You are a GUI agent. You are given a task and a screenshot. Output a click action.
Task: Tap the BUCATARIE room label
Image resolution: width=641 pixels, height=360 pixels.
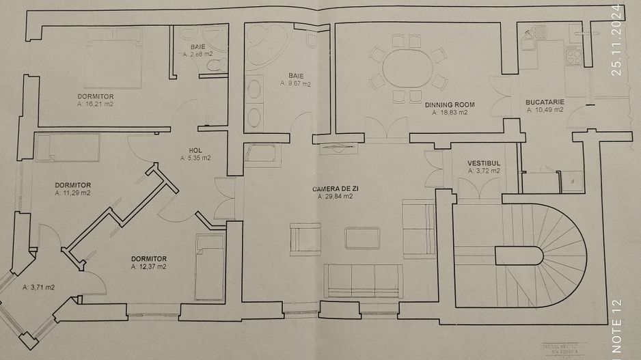click(x=545, y=103)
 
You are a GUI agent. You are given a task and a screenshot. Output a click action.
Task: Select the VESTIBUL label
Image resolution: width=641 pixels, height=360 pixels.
click(x=484, y=163)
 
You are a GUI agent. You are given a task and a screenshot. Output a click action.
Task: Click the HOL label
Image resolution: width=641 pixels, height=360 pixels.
click(x=195, y=150)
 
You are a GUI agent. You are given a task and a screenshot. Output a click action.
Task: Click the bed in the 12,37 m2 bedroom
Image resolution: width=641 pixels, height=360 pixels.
click(x=209, y=266)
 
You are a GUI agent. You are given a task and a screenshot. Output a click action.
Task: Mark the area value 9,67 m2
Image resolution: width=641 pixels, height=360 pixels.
click(x=296, y=84)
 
